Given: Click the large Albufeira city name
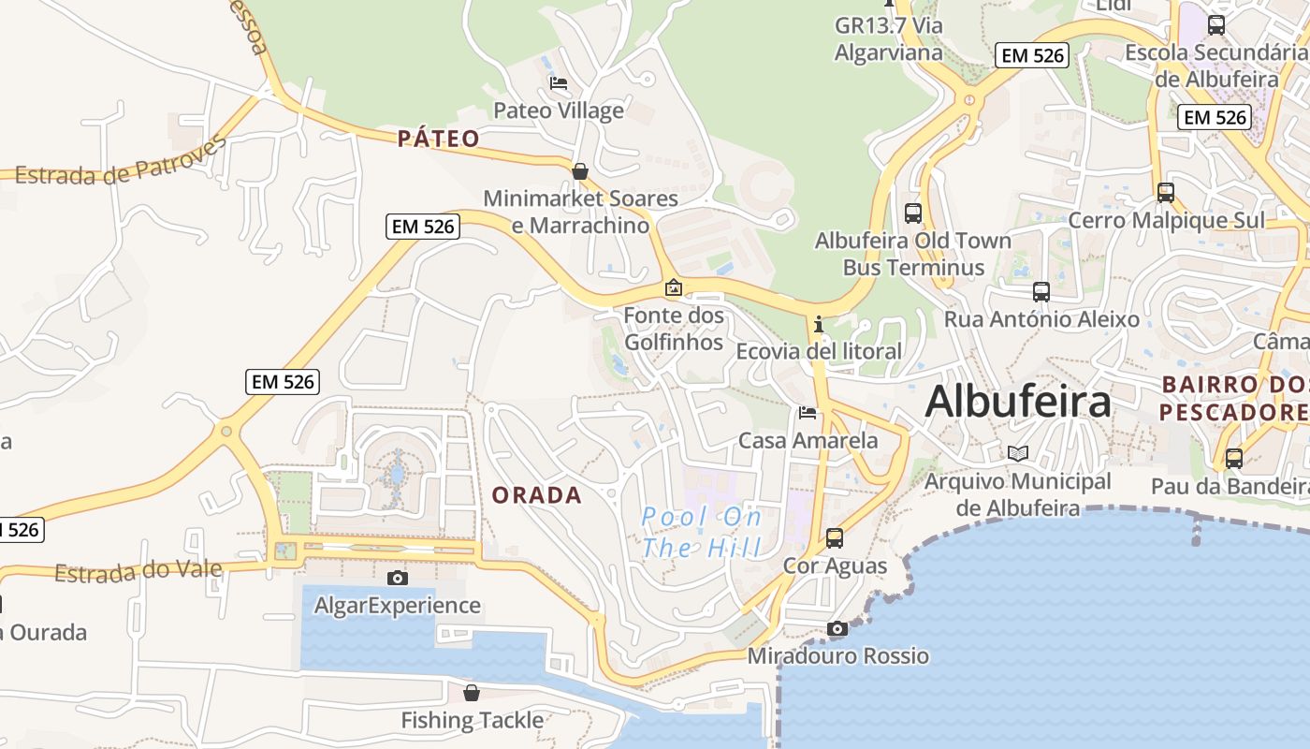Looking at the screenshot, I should (1018, 402).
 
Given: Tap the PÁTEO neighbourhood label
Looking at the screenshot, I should (439, 140).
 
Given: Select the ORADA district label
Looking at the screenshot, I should (537, 495).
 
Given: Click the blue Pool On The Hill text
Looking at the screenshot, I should (702, 532).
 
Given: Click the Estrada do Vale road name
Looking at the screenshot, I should (138, 571).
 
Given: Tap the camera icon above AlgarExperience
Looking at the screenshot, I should (398, 578).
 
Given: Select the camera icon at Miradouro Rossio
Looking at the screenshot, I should (837, 628).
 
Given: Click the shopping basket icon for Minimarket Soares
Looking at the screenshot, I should (580, 171).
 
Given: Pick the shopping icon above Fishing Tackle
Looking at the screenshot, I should (472, 693).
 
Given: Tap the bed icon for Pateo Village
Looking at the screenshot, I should (559, 83).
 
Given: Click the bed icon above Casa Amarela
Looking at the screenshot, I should (808, 412).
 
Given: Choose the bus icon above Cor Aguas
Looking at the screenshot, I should (834, 538).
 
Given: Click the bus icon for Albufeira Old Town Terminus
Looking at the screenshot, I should (913, 213).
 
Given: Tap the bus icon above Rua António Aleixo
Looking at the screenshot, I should (1041, 292).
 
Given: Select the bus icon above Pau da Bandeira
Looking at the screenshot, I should (1234, 459).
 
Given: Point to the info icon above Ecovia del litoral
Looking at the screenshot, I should (819, 324).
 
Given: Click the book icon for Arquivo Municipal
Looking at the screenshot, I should (1018, 454).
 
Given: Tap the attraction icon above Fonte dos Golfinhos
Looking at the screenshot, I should (673, 288).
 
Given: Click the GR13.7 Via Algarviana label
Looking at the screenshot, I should (889, 38).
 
